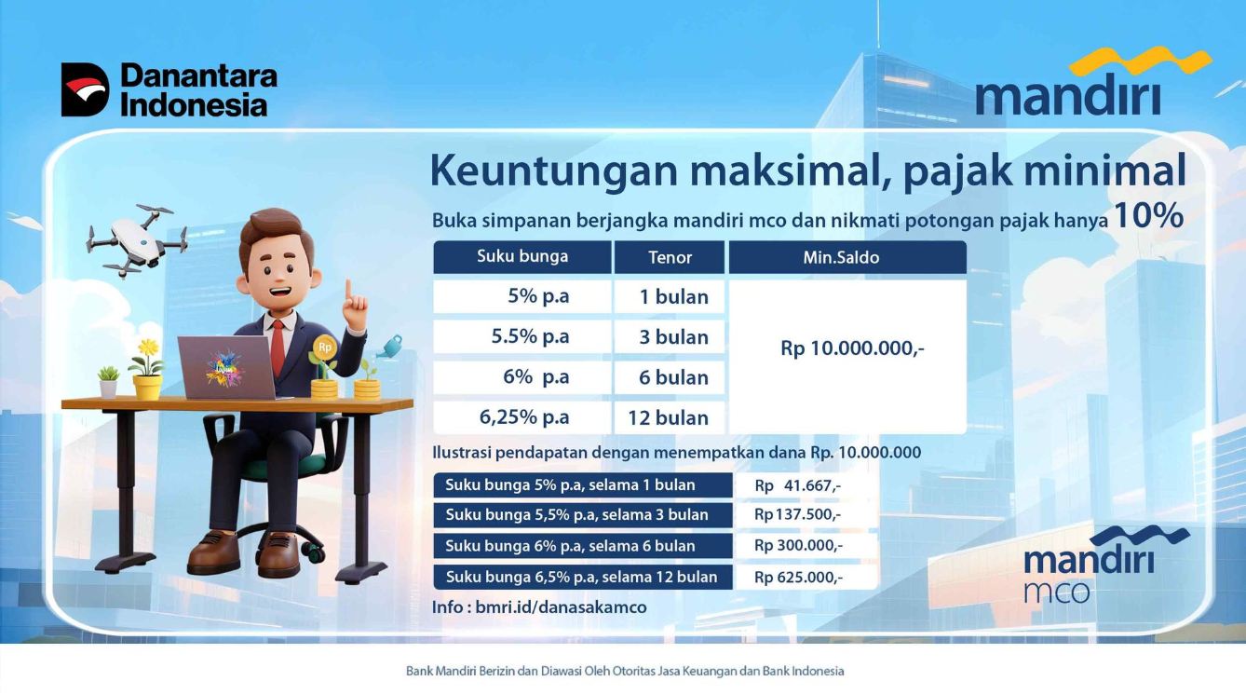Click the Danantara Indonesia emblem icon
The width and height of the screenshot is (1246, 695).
pos(85,89)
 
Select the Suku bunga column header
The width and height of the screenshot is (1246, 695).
pos(522,256)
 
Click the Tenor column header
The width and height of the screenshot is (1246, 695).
pos(670,257)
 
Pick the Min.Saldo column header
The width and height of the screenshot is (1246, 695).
pos(841,257)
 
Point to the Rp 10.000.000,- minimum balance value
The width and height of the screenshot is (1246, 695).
pos(852,348)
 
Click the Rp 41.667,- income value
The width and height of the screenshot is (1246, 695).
pos(798,485)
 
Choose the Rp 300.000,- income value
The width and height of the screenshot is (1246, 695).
pos(798,546)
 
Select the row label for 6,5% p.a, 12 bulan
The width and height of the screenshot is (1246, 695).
pos(582,577)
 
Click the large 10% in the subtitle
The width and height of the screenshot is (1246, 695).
pos(1148,216)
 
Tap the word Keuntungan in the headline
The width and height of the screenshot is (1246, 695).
pos(553,171)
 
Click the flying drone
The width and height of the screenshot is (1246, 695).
pos(137,241)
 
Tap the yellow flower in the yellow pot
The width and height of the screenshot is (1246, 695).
pos(148,347)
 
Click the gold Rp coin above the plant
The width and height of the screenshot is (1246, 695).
pos(324,347)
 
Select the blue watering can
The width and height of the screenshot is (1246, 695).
pos(390,347)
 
